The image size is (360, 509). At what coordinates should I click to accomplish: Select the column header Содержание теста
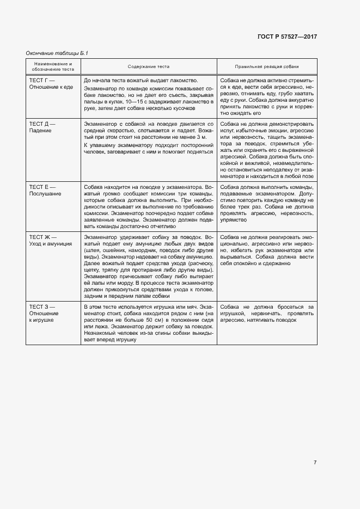(149, 66)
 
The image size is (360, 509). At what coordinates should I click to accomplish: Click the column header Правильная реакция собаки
(267, 66)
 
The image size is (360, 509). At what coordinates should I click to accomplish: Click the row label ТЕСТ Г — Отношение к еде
(51, 83)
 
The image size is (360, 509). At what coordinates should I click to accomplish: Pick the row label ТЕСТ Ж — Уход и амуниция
(50, 241)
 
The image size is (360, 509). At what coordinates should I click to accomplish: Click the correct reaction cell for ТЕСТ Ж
(267, 250)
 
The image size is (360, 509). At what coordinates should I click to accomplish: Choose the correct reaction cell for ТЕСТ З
(267, 314)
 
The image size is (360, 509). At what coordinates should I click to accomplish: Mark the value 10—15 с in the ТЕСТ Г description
(136, 102)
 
